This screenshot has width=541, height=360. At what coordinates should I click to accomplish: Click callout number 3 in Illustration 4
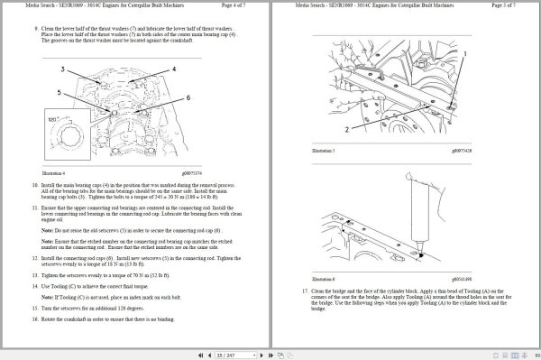click(62, 69)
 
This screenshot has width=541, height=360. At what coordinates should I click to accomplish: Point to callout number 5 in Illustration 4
click(59, 92)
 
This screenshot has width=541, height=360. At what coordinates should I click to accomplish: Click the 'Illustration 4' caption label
click(54, 173)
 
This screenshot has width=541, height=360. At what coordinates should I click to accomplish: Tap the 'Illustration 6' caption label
click(323, 282)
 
